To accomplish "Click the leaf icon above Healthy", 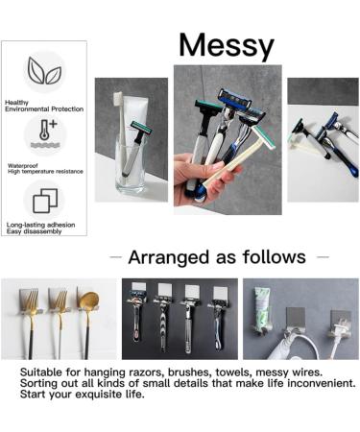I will [43, 71].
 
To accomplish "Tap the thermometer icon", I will [44, 135].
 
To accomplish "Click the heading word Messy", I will [226, 44].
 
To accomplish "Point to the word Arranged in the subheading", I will [168, 257].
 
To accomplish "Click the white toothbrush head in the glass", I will [119, 103].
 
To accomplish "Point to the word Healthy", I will [16, 102].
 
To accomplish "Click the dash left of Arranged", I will [115, 257].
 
